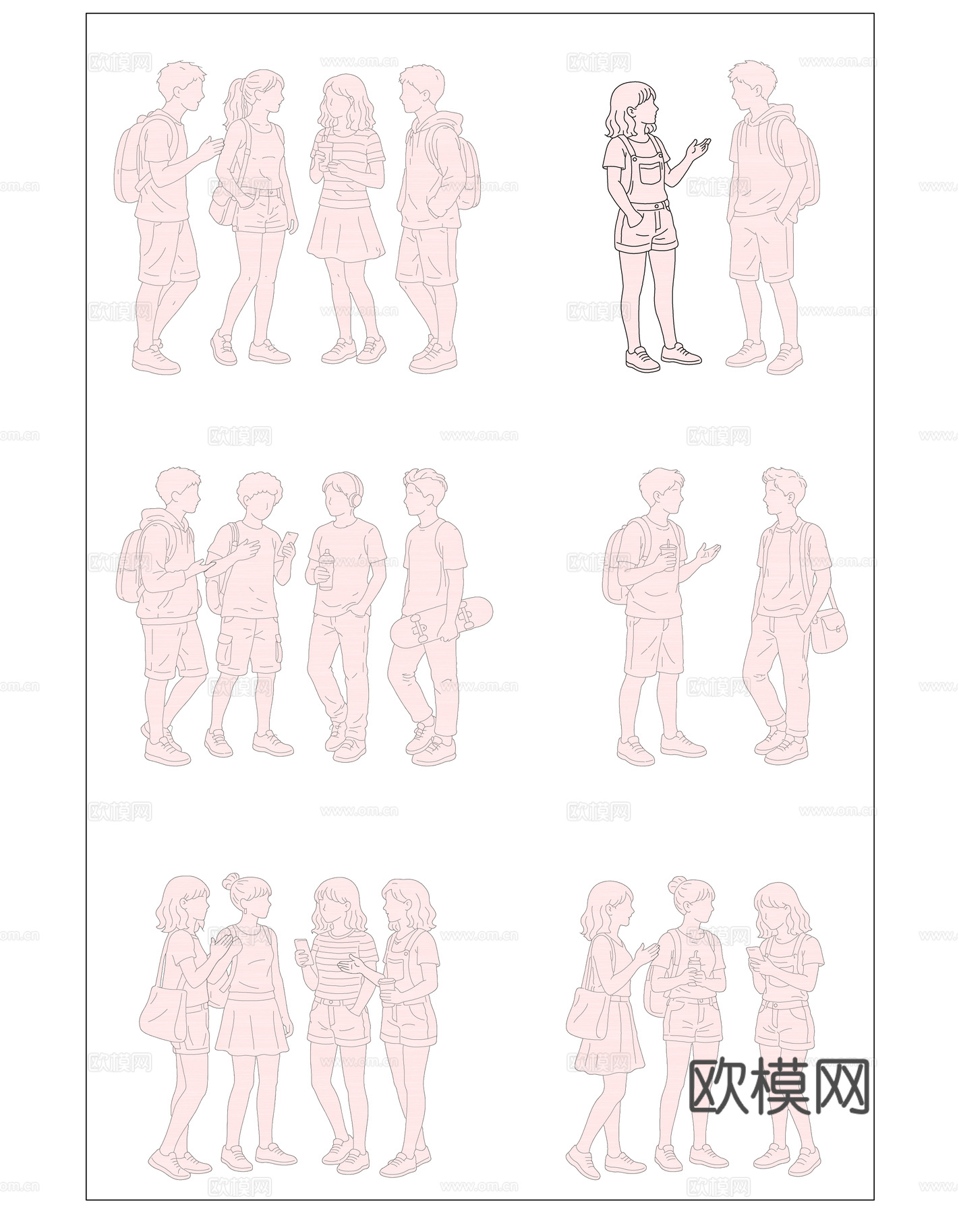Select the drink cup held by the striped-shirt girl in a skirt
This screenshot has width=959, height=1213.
tap(324, 152)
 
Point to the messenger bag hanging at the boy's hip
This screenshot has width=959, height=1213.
tap(828, 630)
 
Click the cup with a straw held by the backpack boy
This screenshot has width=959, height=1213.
tap(669, 557)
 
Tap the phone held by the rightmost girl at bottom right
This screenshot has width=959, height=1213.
tap(752, 954)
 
